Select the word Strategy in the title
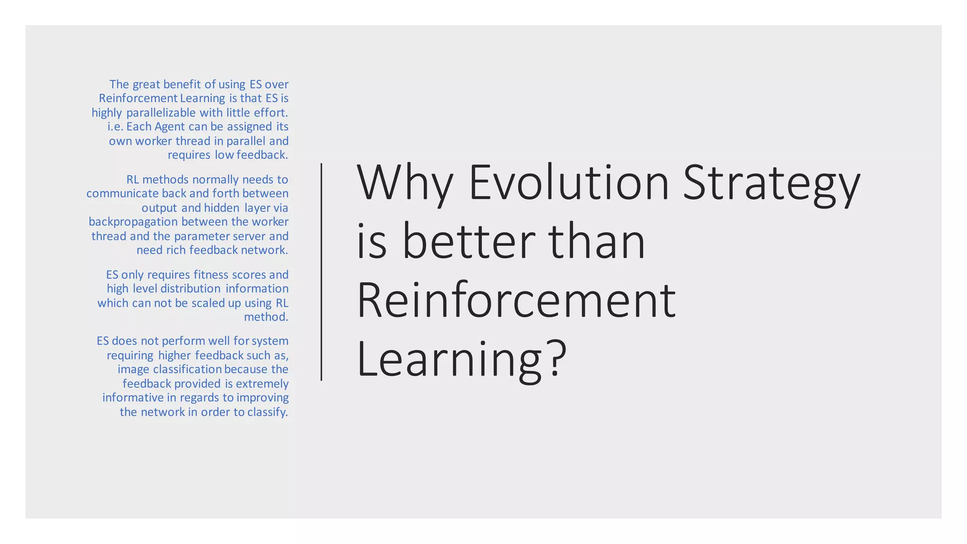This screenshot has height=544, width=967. tap(772, 184)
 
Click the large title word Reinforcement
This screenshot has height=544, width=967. tap(516, 300)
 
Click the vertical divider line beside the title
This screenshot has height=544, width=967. tap(322, 272)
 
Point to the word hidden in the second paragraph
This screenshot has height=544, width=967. tap(222, 208)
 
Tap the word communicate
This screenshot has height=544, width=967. tap(122, 194)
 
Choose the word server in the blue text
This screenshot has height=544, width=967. tap(250, 236)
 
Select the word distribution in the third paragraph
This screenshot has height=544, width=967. tap(190, 289)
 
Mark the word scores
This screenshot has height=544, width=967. tap(249, 275)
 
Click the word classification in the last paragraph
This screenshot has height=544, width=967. tap(187, 369)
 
